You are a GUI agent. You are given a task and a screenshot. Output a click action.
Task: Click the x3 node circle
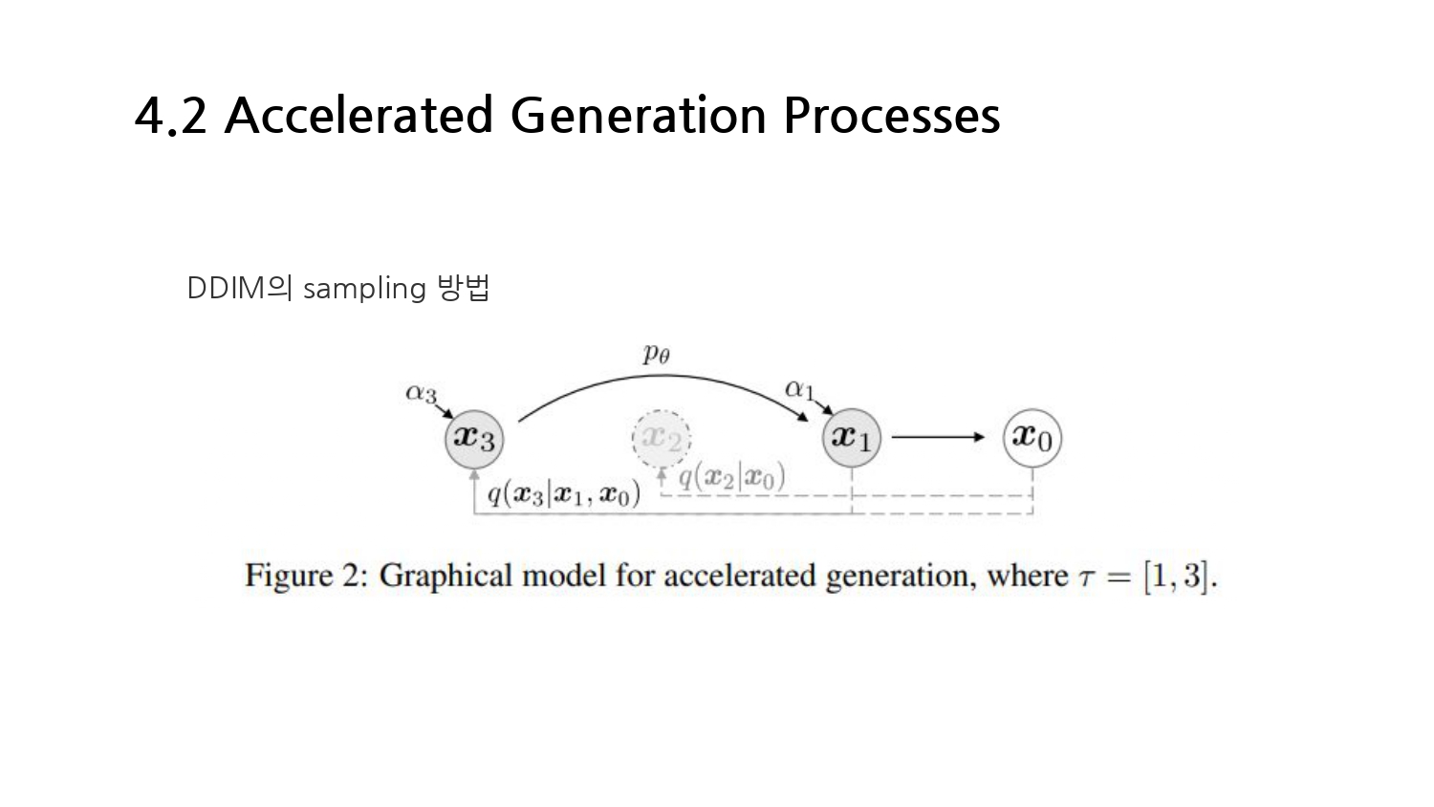(474, 438)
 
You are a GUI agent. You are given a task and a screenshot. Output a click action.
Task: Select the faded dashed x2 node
(661, 439)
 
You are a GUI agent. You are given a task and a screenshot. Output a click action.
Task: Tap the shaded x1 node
(851, 438)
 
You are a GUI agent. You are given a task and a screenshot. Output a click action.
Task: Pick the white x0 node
(1032, 438)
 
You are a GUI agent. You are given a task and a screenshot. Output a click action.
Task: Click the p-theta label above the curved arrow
(656, 354)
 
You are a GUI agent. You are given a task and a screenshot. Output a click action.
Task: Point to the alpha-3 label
(421, 393)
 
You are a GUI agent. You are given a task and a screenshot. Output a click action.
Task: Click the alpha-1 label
(799, 389)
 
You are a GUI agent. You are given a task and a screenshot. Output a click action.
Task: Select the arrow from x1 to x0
(937, 438)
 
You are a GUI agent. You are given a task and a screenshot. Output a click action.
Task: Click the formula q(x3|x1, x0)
(563, 493)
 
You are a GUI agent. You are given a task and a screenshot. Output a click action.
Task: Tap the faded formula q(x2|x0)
(731, 476)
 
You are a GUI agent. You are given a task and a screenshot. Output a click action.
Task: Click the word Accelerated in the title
(358, 116)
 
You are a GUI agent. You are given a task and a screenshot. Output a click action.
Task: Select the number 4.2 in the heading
(171, 116)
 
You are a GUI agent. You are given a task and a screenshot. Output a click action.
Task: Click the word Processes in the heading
(891, 116)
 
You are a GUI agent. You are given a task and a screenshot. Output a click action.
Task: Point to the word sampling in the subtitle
(364, 289)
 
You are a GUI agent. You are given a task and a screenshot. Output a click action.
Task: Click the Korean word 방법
(464, 288)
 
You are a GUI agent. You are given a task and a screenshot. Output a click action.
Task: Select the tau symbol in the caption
(1086, 578)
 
